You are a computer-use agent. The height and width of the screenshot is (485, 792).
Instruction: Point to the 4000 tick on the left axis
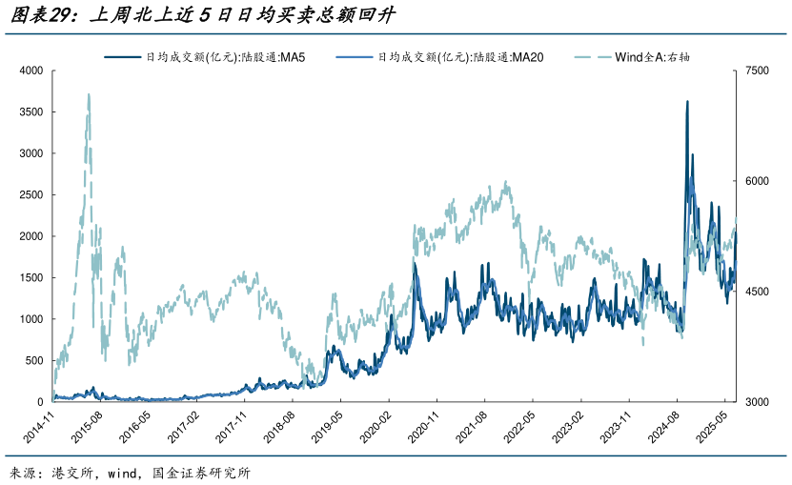[31, 71]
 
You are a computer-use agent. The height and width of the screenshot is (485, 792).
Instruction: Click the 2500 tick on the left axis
[31, 194]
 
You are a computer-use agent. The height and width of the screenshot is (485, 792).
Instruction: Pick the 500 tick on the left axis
[34, 360]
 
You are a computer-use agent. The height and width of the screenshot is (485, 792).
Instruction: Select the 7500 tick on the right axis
[757, 71]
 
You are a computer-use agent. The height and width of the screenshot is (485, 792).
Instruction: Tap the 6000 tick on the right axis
[757, 181]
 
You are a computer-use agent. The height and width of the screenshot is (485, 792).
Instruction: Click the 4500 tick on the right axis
[757, 292]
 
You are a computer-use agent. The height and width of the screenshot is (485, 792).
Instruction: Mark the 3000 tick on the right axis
[757, 402]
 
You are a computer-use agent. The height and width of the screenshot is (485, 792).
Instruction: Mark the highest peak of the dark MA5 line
[687, 101]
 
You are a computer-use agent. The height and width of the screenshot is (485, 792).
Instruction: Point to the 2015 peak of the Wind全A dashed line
[89, 94]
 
